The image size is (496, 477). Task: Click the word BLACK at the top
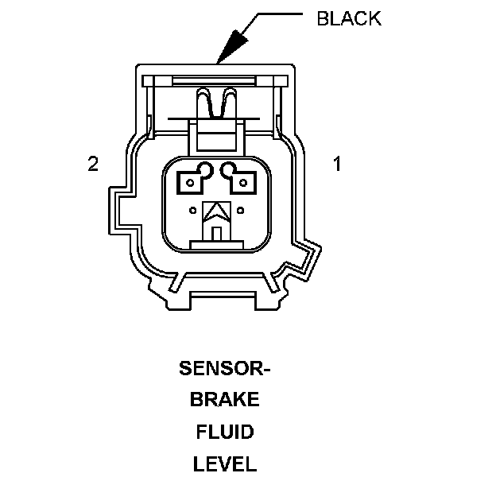coord(348,17)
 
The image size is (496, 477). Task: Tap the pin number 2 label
coord(93,165)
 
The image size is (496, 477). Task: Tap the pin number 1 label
coord(337,165)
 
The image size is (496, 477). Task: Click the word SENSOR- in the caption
coord(225,369)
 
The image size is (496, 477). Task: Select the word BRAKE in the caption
coord(225,401)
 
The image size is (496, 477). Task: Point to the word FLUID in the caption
coord(225,432)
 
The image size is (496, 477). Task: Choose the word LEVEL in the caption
coord(225,463)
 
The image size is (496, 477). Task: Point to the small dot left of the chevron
coord(195,211)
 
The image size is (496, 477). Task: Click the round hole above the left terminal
coord(206,169)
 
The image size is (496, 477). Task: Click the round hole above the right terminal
coord(229,169)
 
